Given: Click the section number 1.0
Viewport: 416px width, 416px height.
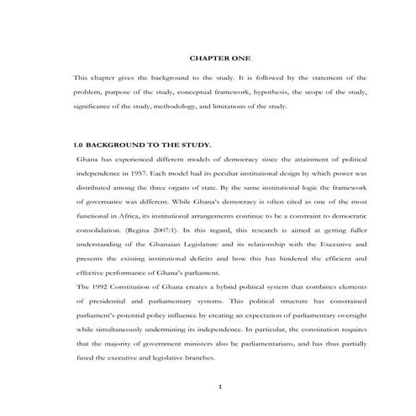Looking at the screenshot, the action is coord(79,145).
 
